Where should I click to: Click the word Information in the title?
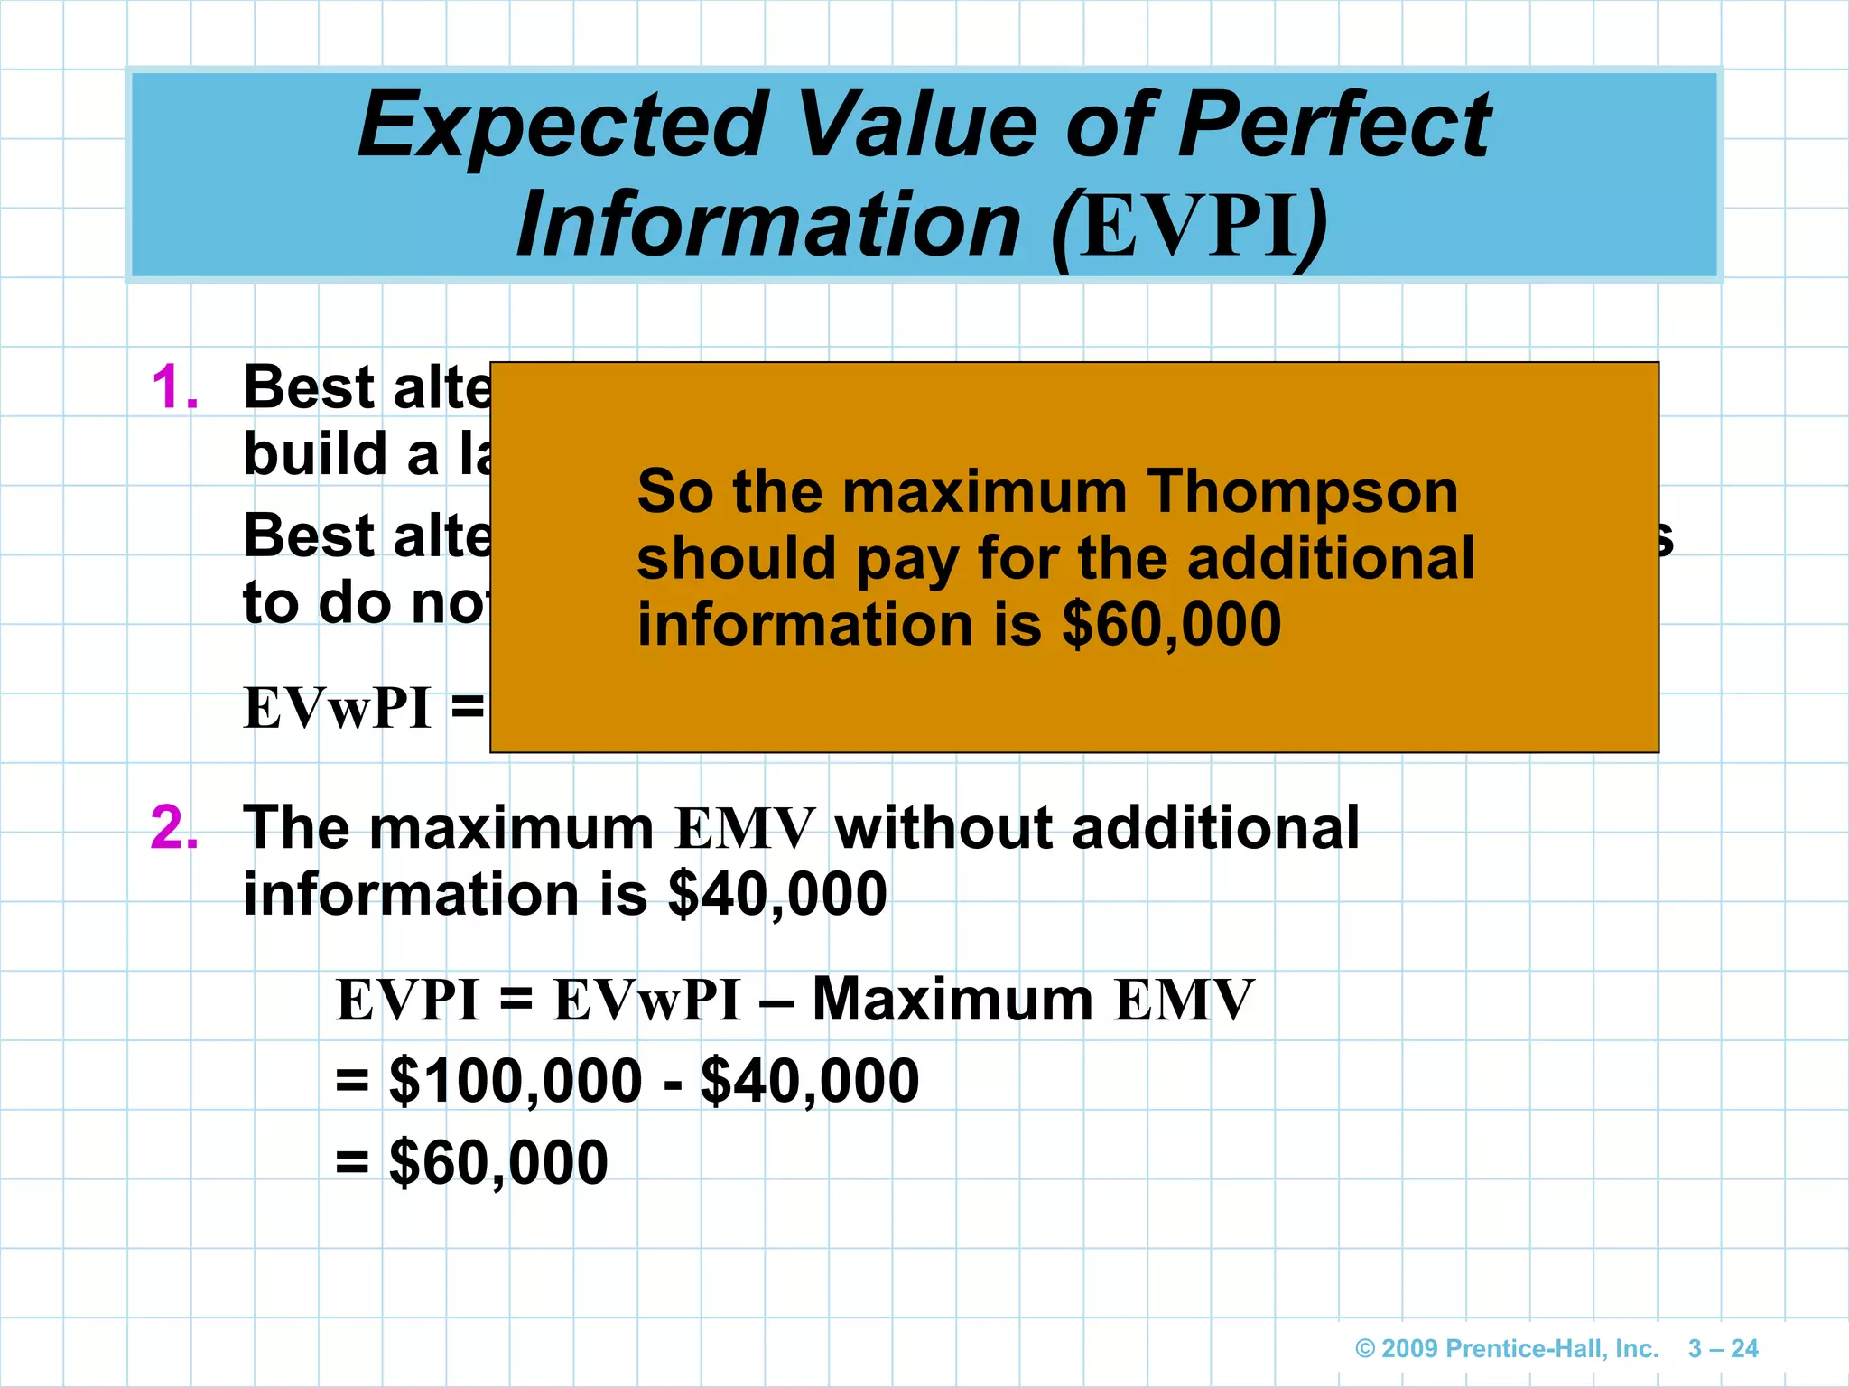point(768,225)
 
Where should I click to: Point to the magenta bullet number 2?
point(174,827)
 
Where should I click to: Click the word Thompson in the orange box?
point(1302,492)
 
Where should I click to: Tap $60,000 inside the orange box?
point(1171,624)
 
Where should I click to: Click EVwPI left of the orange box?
point(337,709)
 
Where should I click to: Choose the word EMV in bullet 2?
point(745,829)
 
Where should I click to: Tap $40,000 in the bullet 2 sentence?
point(777,895)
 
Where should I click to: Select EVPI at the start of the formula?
point(407,1001)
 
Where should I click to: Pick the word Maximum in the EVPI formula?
point(952,1001)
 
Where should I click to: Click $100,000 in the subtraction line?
point(516,1081)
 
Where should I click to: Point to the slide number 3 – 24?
point(1723,1349)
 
